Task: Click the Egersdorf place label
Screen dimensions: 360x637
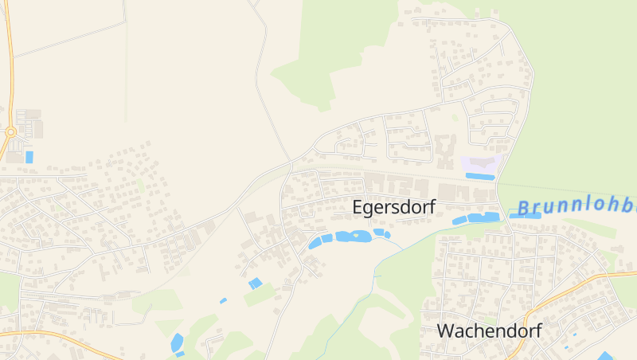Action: pyautogui.click(x=393, y=207)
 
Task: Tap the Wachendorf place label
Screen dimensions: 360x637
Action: pyautogui.click(x=489, y=331)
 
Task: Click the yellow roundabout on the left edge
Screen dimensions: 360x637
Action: pyautogui.click(x=10, y=132)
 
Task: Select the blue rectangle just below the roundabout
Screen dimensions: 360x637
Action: pyautogui.click(x=29, y=157)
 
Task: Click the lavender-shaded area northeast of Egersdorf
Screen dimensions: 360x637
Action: pyautogui.click(x=480, y=164)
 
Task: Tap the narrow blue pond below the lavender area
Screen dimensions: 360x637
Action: pyautogui.click(x=480, y=177)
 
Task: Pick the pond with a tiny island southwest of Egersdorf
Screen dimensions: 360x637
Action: pyautogui.click(x=354, y=237)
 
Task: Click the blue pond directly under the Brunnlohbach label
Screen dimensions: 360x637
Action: pyautogui.click(x=525, y=215)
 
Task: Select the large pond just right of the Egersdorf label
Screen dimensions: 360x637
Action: pyautogui.click(x=476, y=217)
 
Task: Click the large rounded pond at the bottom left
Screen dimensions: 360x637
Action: pyautogui.click(x=177, y=342)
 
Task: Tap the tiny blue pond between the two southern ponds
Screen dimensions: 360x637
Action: pyautogui.click(x=223, y=300)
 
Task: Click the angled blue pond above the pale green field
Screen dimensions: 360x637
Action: pyautogui.click(x=255, y=283)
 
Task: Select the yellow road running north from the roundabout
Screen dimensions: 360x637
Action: pyautogui.click(x=10, y=64)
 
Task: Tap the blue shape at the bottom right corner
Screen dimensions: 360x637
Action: pyautogui.click(x=607, y=356)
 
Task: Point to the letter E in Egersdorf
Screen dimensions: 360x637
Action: pyautogui.click(x=358, y=207)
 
